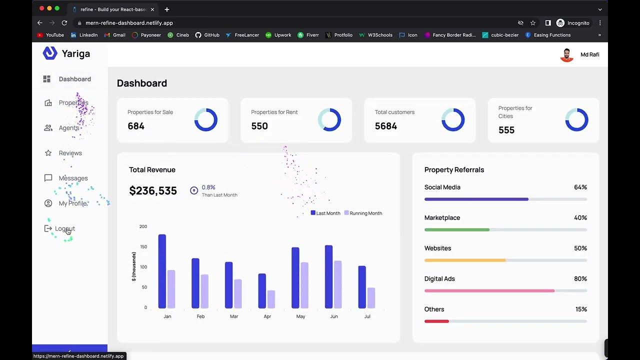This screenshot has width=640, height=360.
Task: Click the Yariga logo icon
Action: (50, 53)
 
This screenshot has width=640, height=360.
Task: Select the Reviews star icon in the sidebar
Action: (48, 153)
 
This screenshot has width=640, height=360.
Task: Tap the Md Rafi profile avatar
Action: (566, 55)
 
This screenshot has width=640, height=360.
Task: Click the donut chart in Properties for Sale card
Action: (205, 120)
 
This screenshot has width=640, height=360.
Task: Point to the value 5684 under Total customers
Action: (385, 126)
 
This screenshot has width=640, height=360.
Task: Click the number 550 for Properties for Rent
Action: (259, 126)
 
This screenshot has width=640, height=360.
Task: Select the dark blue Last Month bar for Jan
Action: (162, 271)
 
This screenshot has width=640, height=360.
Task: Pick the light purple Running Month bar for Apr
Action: (271, 299)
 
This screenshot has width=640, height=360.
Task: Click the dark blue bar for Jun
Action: (328, 276)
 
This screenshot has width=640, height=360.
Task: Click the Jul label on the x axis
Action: (367, 316)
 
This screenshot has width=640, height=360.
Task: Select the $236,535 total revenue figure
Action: (153, 190)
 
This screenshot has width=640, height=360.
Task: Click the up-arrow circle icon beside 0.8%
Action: (194, 190)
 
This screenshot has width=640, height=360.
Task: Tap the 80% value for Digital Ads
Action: (580, 279)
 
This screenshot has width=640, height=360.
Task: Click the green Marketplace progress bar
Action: (456, 229)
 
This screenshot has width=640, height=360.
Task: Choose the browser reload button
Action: (64, 23)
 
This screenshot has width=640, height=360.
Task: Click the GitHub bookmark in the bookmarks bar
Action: (207, 35)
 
